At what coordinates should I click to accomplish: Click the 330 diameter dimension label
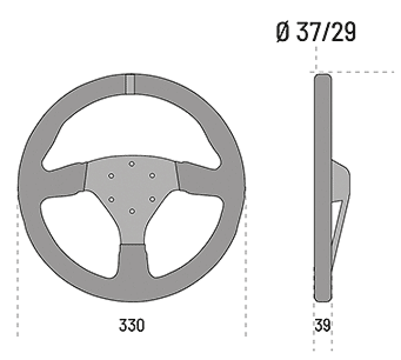131,325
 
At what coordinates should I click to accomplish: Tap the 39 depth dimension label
323,325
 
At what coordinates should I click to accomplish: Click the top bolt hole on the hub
131,164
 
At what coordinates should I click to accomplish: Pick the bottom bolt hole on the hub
131,211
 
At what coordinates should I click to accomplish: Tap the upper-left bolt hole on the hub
111,176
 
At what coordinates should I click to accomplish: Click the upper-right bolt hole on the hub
151,176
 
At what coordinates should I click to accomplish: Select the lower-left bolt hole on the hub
111,199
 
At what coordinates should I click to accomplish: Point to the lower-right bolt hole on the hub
151,199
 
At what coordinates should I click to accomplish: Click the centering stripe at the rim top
130,84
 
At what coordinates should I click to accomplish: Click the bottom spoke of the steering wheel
132,262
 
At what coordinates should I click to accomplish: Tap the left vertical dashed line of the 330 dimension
18,267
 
